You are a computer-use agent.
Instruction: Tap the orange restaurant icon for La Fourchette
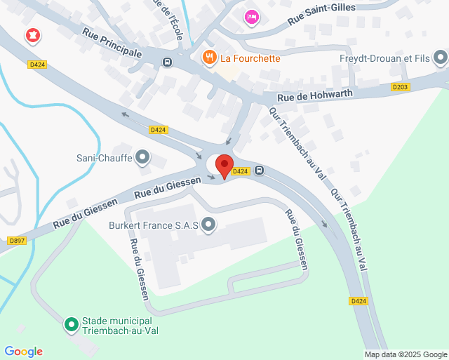pyautogui.click(x=208, y=58)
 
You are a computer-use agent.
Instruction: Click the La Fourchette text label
pyautogui.click(x=250, y=58)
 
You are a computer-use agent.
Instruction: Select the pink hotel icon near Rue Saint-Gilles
pyautogui.click(x=251, y=16)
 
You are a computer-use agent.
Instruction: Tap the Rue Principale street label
pyautogui.click(x=112, y=43)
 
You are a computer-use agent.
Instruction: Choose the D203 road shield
pyautogui.click(x=400, y=87)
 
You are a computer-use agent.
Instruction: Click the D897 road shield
pyautogui.click(x=17, y=240)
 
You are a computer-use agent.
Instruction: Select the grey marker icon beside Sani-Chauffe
pyautogui.click(x=143, y=157)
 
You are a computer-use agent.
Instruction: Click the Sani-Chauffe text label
pyautogui.click(x=105, y=158)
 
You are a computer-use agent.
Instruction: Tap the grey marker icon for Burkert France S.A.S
pyautogui.click(x=208, y=225)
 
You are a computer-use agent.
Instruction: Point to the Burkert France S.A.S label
pyautogui.click(x=154, y=226)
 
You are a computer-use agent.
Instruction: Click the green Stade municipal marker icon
pyautogui.click(x=71, y=324)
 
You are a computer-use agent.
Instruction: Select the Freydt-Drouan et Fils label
pyautogui.click(x=383, y=58)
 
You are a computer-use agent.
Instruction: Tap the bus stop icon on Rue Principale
pyautogui.click(x=167, y=61)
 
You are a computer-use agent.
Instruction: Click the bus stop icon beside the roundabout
pyautogui.click(x=260, y=171)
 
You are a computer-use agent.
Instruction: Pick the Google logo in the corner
pyautogui.click(x=23, y=352)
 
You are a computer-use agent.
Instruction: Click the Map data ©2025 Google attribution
pyautogui.click(x=406, y=354)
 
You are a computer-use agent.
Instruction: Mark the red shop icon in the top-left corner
pyautogui.click(x=32, y=35)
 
